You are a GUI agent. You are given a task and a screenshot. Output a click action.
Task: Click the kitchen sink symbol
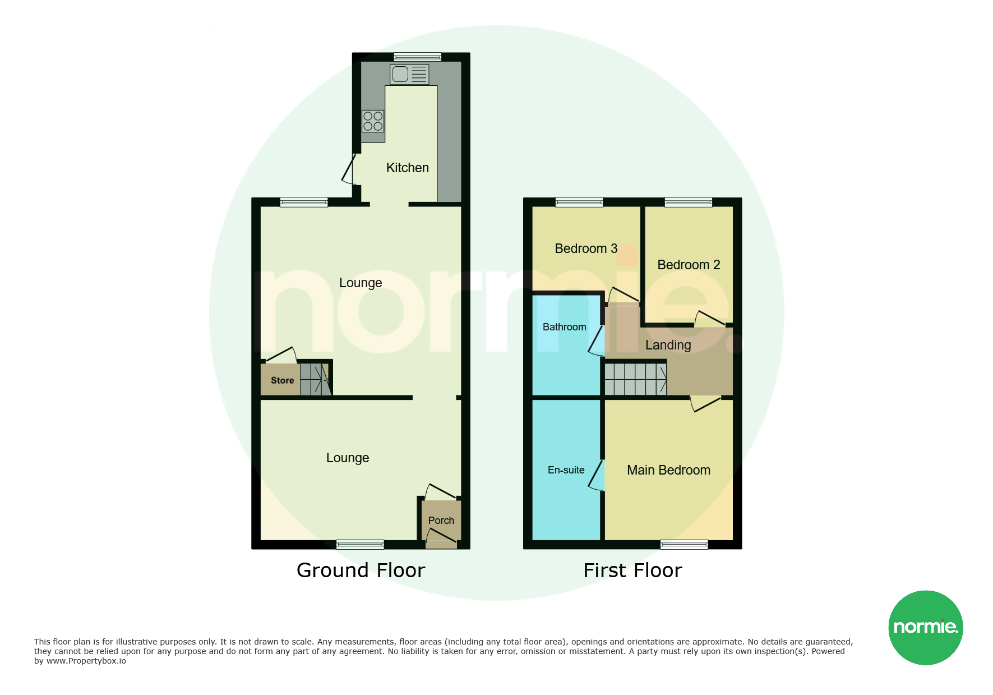[x=410, y=74]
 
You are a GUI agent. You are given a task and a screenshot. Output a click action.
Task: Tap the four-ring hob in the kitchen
[x=373, y=121]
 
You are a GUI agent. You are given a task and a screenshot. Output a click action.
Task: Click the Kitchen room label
[x=408, y=168]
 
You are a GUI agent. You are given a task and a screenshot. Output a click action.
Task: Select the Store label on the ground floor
[x=283, y=380]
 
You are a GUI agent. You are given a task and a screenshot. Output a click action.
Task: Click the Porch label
[x=441, y=521]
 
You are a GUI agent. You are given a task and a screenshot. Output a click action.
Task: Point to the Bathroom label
[x=565, y=327]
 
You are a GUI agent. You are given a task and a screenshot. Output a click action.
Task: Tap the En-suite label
[x=566, y=470]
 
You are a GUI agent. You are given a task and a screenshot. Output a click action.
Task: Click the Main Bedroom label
[x=668, y=470]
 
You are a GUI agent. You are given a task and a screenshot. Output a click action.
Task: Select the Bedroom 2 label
[x=689, y=265]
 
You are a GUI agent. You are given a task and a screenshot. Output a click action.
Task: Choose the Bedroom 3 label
[x=586, y=248]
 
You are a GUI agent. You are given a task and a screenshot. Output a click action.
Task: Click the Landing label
[x=668, y=345]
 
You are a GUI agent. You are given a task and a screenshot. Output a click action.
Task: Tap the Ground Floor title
[x=361, y=570]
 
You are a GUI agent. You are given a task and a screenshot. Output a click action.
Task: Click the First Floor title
[x=633, y=570]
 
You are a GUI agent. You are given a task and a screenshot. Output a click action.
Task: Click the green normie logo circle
[x=926, y=628]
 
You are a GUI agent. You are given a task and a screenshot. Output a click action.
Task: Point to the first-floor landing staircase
[x=636, y=379]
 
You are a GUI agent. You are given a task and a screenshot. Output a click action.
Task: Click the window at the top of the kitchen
[x=417, y=57]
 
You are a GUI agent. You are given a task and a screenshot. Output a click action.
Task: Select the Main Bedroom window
[x=684, y=544]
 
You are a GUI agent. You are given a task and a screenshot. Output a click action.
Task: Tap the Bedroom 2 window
[x=689, y=202]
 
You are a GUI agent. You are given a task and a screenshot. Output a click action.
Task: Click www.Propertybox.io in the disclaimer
[x=86, y=661]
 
